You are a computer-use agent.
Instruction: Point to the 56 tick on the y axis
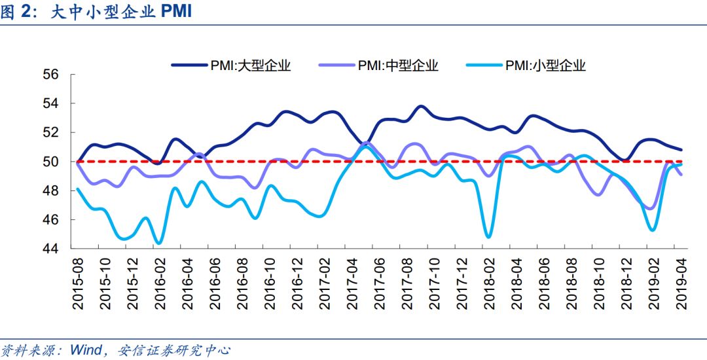[52, 75]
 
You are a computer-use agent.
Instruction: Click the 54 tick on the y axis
[52, 103]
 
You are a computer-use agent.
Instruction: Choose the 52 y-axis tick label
[52, 132]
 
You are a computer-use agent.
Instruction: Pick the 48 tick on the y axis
[52, 190]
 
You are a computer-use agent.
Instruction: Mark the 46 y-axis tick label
[52, 220]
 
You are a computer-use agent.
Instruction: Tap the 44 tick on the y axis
[52, 249]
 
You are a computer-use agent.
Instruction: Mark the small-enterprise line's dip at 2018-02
[488, 236]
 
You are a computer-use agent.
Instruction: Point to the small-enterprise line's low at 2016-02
[159, 243]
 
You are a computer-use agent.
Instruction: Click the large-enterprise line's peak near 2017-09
[420, 106]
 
